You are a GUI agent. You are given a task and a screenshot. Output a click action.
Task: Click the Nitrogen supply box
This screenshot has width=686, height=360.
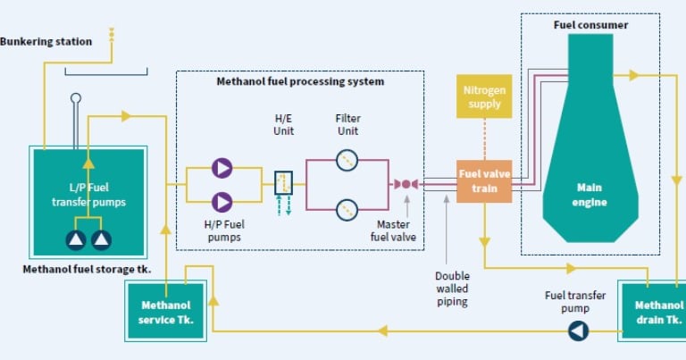(484, 97)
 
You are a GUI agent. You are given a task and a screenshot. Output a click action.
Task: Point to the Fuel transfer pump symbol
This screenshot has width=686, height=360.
(579, 331)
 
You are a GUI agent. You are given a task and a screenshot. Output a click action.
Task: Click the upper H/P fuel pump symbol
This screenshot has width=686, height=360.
(222, 167)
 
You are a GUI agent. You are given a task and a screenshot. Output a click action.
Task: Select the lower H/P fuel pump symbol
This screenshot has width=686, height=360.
(222, 203)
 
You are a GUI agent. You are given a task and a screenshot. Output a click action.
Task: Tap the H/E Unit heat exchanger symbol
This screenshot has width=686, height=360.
(284, 184)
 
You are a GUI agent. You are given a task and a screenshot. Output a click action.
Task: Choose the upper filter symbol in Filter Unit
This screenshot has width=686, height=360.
(347, 160)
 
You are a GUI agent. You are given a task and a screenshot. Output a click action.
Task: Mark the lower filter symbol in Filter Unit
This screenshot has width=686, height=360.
(347, 210)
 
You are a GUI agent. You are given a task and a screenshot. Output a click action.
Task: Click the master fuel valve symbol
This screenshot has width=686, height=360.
(405, 184)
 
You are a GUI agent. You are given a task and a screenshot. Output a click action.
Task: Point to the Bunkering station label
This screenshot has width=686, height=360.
(46, 41)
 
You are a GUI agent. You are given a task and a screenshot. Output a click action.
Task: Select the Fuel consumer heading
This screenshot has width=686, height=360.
(590, 25)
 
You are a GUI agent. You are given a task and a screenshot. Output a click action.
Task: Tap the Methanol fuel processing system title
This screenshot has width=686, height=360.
(300, 81)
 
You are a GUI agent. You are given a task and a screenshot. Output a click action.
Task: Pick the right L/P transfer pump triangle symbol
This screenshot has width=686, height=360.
(101, 239)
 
